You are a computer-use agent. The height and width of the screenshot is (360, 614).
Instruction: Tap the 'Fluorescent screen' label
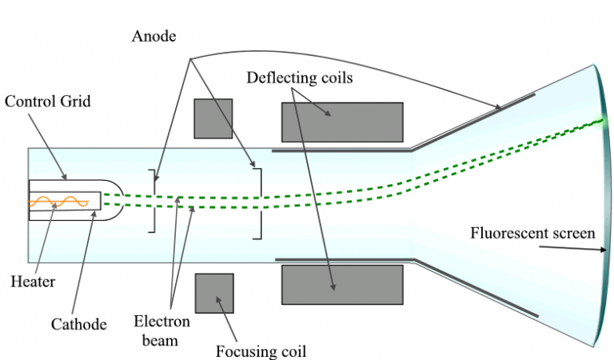(532, 234)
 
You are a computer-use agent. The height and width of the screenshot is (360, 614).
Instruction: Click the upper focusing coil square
(213, 118)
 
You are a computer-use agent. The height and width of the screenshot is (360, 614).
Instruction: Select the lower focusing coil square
(214, 292)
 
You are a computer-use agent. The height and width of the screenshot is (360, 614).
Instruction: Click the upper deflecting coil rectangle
(341, 122)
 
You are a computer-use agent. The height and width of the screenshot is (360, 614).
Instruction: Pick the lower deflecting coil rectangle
(341, 283)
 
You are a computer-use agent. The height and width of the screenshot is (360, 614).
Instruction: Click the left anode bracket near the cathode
(151, 201)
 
